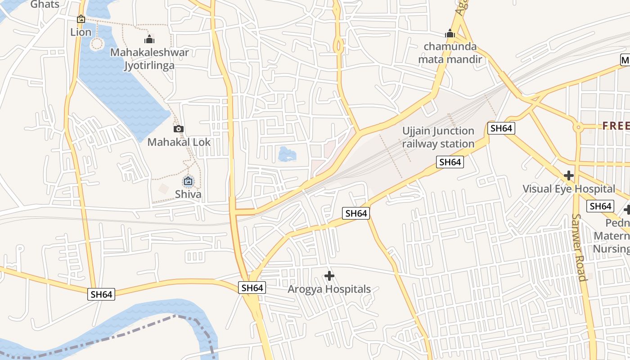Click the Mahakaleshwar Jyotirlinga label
[149, 59]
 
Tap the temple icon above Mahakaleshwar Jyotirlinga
[149, 40]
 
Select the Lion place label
[81, 32]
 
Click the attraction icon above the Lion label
[81, 19]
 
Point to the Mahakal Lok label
[179, 142]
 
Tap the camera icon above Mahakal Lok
[179, 129]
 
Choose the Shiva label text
[188, 195]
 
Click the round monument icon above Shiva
[188, 182]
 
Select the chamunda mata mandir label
[450, 53]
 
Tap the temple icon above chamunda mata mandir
[450, 33]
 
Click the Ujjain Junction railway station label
[438, 137]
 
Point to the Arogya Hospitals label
[329, 289]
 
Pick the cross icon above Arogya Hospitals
[329, 275]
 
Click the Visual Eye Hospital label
[569, 189]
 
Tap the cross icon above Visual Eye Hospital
[569, 175]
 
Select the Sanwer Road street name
[579, 247]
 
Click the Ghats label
[45, 4]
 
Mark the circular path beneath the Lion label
[97, 44]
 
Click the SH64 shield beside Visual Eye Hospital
[600, 206]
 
